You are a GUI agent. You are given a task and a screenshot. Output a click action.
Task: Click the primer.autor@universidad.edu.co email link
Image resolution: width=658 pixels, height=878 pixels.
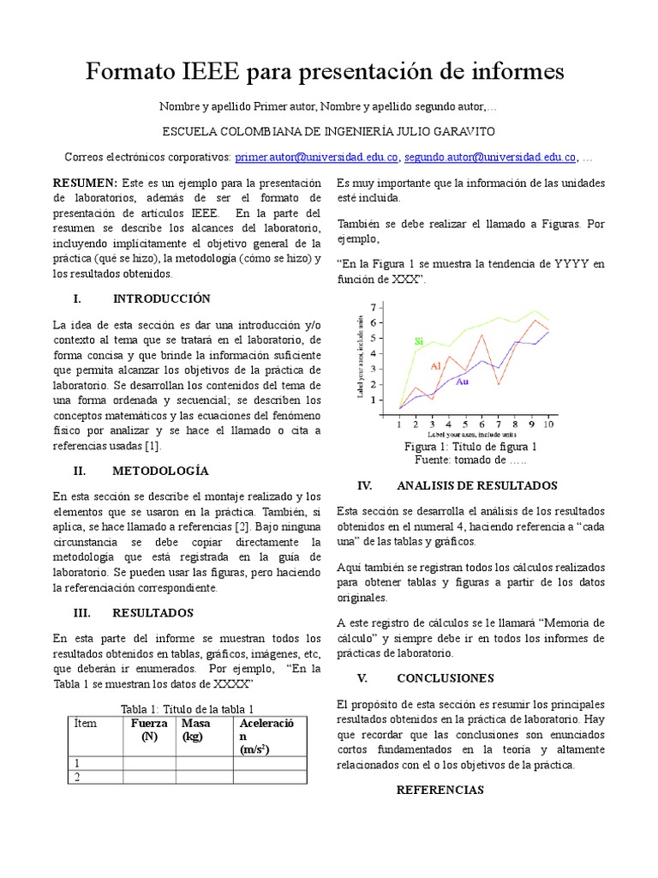(x=317, y=158)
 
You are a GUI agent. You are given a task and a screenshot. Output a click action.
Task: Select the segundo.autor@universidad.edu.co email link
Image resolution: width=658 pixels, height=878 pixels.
(x=490, y=158)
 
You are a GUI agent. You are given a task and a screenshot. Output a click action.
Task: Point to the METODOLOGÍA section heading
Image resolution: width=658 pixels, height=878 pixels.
(x=160, y=471)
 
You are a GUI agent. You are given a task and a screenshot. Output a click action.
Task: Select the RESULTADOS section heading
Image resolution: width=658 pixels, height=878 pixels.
(x=153, y=613)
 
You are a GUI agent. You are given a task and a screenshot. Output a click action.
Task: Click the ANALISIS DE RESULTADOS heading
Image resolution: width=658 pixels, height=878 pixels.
(x=477, y=485)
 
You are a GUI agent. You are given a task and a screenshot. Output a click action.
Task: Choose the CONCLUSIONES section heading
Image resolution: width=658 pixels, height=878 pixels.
(x=445, y=677)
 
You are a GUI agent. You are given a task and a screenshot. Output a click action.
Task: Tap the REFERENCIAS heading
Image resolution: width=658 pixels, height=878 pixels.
(x=440, y=790)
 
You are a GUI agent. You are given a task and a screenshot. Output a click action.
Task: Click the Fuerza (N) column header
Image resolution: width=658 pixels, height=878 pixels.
(x=149, y=731)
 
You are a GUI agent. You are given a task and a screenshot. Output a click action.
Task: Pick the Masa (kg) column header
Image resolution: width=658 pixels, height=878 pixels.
(x=197, y=731)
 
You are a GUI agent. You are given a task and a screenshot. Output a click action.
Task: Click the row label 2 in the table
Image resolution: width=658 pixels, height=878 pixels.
(x=78, y=777)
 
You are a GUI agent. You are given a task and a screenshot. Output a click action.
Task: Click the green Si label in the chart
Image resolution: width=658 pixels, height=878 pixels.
(x=419, y=341)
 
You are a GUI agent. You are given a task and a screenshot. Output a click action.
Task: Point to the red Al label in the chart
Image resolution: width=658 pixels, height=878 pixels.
(x=435, y=366)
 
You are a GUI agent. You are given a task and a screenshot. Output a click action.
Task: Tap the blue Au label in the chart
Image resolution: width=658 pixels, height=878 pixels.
(x=462, y=382)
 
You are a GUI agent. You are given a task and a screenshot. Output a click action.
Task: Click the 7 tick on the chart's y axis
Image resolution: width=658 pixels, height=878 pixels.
(x=373, y=307)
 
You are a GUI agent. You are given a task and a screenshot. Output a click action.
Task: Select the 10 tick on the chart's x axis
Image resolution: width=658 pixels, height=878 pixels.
(x=547, y=424)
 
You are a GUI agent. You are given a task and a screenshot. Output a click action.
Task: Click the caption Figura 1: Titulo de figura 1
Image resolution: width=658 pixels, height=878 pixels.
(x=470, y=447)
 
